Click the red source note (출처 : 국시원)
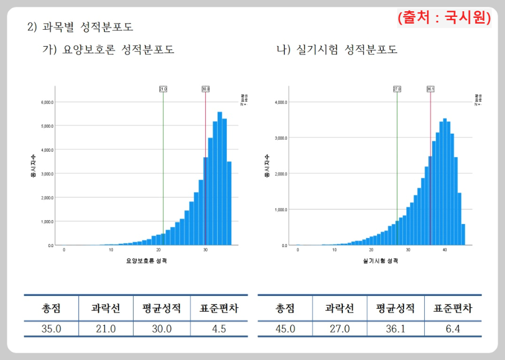tap(444, 17)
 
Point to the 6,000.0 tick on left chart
tap(46, 102)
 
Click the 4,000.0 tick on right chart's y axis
tap(279, 102)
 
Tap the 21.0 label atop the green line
tap(163, 89)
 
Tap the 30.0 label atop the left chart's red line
tap(205, 89)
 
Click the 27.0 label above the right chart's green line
tap(397, 89)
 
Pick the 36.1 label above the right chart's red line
tap(430, 89)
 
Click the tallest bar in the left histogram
tap(219, 180)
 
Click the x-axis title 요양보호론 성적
tap(148, 261)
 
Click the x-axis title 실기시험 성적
tap(381, 261)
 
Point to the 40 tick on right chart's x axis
tap(444, 250)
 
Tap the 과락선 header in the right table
tap(339, 308)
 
